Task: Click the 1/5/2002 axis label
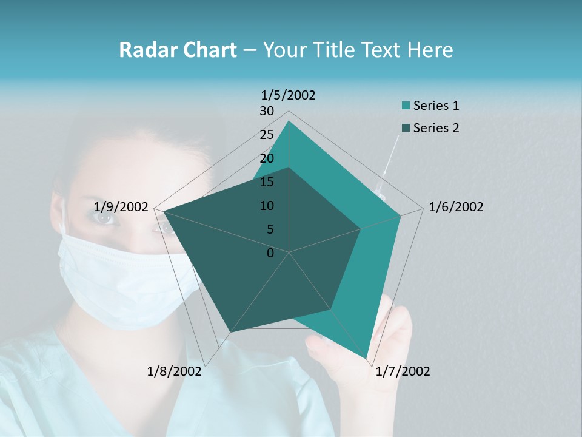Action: [289, 95]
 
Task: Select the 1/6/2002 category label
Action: [456, 207]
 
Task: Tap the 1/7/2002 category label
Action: [403, 371]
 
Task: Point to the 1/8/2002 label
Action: [174, 371]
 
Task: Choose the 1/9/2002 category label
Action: [121, 207]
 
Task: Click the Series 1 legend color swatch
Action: [406, 106]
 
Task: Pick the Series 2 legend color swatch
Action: [406, 128]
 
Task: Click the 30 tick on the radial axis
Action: [267, 111]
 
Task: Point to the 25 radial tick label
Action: [267, 135]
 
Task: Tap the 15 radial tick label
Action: [267, 182]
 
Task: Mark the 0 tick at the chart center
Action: [270, 253]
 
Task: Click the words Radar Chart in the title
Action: [178, 50]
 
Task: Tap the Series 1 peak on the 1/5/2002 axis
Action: [289, 121]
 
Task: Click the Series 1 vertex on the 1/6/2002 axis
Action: [401, 215]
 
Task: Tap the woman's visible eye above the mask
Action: [107, 217]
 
